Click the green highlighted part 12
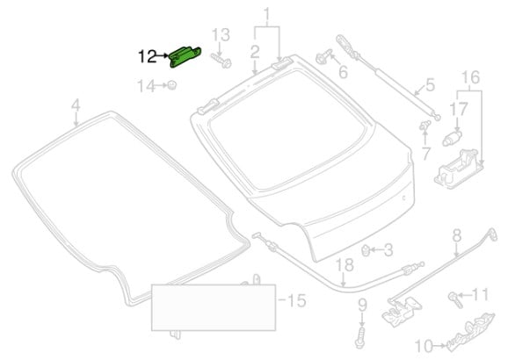click(184, 57)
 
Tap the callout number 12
click(148, 57)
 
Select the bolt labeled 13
click(221, 61)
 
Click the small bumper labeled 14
click(171, 85)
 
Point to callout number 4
click(76, 105)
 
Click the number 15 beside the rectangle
click(297, 301)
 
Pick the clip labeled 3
click(366, 250)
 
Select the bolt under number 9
click(360, 337)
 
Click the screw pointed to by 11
click(454, 300)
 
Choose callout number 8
click(456, 235)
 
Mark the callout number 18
click(345, 265)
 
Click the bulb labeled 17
click(452, 138)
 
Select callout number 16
click(470, 77)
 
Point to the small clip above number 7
click(425, 125)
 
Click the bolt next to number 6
click(323, 57)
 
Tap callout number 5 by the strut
click(430, 85)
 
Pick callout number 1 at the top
click(267, 15)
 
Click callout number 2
click(255, 52)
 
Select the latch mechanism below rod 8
click(402, 311)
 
